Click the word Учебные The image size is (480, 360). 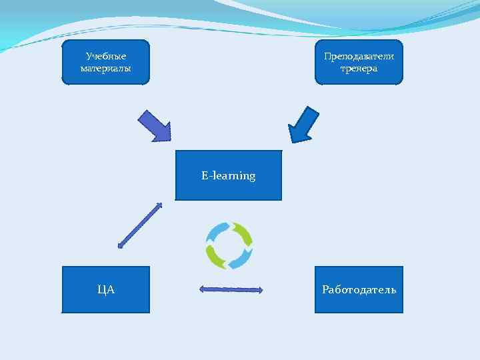[106, 56]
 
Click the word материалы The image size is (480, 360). [106, 68]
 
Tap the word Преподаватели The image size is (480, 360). [359, 56]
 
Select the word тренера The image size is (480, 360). [359, 68]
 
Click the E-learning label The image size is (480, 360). [229, 176]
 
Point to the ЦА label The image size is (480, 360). [106, 289]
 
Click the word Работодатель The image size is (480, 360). [359, 289]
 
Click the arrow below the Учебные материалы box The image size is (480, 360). [155, 125]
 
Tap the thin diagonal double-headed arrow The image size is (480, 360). [140, 225]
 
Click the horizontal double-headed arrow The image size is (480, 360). [231, 289]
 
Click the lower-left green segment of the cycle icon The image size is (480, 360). [215, 256]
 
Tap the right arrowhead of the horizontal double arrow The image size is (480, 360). [260, 290]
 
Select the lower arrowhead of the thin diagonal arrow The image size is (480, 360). [121, 245]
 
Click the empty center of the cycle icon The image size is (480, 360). [229, 245]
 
